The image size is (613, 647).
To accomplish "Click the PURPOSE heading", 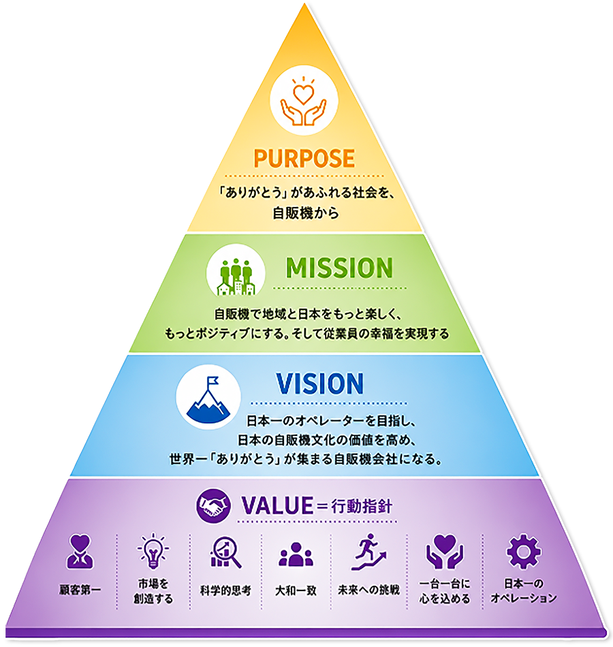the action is pos(304,158).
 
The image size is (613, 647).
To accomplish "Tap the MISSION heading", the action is pos(339,268).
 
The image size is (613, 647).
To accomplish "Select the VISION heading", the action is pos(320,383).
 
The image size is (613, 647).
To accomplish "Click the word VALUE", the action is pos(277,505).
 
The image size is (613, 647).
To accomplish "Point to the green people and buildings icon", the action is pos(236,277).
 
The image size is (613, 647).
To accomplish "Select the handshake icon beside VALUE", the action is pos(213,505).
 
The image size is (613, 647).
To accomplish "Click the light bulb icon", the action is pos(153,551).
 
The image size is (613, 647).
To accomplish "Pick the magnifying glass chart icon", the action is pos(225,552).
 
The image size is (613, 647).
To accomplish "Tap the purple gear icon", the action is pos(523,552).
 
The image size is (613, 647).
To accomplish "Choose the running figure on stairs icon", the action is pos(368,552).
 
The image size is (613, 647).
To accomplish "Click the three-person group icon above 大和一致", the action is pos(296,554).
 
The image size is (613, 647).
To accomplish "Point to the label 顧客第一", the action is pos(80,590).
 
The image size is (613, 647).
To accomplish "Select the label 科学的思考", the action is pos(225,590).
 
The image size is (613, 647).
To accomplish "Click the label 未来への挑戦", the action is pos(368,590).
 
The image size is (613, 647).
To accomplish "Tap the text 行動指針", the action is pos(361,506).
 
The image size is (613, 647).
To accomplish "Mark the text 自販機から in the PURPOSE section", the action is pos(305,213).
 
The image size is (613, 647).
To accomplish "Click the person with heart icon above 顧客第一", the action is pos(80,552).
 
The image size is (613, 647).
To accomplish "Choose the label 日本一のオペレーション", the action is pos(523,590).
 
